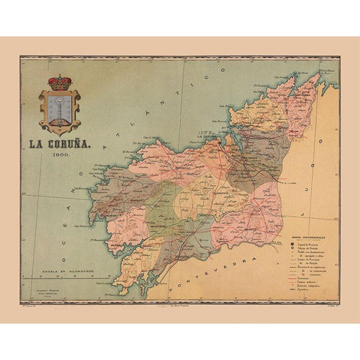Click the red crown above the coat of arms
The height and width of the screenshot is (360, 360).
click(58, 81)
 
